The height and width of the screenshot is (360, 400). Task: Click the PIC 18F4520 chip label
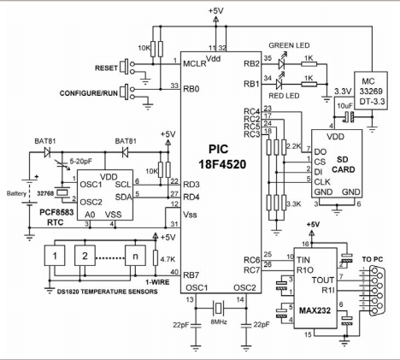(x=222, y=156)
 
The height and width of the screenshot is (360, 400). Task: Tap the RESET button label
(x=106, y=68)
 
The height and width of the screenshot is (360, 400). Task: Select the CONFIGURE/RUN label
(x=89, y=93)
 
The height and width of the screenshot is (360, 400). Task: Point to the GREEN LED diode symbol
(x=282, y=64)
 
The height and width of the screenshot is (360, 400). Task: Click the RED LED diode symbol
(x=279, y=84)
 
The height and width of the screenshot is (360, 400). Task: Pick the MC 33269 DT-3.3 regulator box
(x=371, y=91)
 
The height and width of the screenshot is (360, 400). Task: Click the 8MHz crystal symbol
(x=218, y=308)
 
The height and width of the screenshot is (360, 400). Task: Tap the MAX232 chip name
(x=315, y=310)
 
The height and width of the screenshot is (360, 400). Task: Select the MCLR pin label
(x=195, y=63)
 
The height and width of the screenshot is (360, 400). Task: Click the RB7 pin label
(x=191, y=275)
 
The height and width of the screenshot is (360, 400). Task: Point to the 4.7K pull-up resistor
(x=156, y=258)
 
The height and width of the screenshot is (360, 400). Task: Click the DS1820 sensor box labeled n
(x=135, y=256)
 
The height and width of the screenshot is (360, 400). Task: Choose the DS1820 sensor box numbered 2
(x=85, y=256)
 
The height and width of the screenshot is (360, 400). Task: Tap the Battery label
(x=16, y=193)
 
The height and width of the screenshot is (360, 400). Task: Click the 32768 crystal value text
(x=45, y=193)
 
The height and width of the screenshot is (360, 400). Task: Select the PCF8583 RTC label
(x=56, y=217)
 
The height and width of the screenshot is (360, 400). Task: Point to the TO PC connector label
(x=373, y=259)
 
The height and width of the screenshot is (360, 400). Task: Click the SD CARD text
(x=344, y=164)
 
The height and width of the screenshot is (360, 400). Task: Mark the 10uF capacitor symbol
(x=348, y=117)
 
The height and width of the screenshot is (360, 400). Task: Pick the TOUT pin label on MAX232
(x=323, y=280)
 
